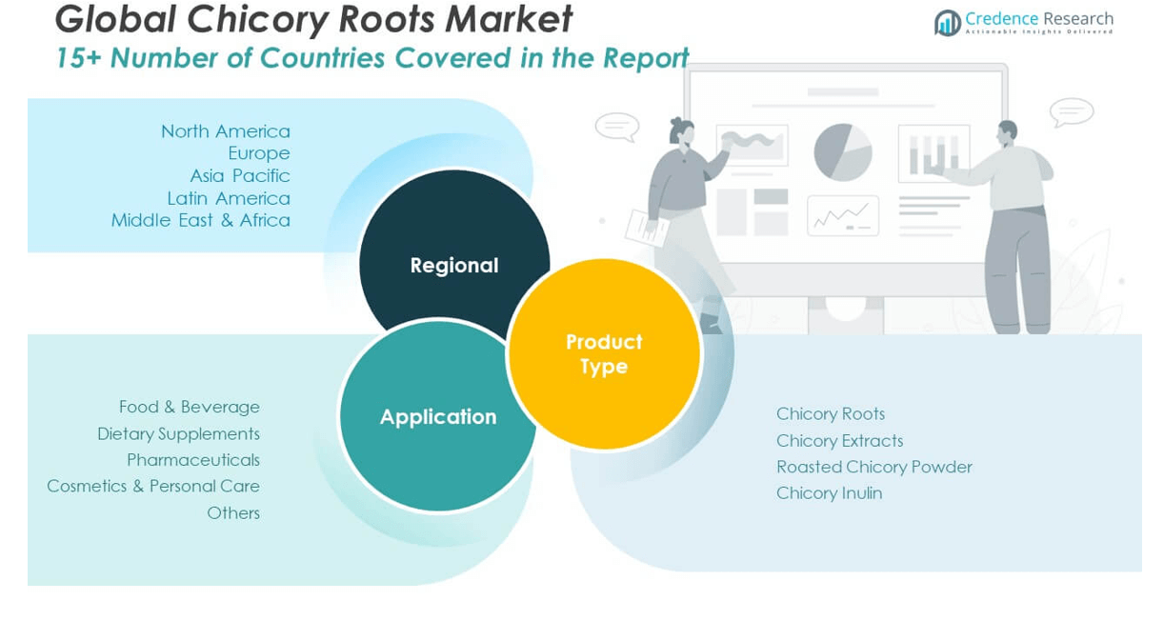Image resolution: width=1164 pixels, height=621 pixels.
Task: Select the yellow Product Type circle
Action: (x=604, y=353)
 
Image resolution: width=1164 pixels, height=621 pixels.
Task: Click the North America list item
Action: (x=225, y=131)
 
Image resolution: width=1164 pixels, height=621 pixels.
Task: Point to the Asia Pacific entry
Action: (x=239, y=176)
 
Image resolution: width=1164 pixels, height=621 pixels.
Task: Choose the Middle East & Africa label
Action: (x=200, y=220)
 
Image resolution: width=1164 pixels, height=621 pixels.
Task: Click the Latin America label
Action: (x=228, y=198)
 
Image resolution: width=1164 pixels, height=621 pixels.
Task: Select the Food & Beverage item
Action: (x=189, y=407)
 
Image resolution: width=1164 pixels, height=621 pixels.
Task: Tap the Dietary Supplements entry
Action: (x=178, y=433)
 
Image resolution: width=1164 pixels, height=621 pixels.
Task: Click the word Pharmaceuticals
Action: (x=192, y=460)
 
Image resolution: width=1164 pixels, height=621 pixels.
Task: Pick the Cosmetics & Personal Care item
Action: (x=152, y=486)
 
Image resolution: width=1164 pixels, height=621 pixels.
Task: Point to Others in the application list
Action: (x=232, y=512)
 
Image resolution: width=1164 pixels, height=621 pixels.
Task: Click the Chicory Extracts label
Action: (x=839, y=440)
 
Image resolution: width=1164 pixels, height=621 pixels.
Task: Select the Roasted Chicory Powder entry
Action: (x=873, y=467)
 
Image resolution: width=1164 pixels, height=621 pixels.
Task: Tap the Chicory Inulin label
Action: (x=829, y=493)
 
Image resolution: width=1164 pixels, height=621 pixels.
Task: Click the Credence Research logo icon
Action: (x=947, y=23)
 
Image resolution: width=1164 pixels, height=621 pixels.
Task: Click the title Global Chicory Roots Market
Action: (x=313, y=19)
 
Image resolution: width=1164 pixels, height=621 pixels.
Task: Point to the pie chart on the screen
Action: (x=843, y=152)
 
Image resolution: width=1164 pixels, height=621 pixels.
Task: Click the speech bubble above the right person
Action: (x=1072, y=111)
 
